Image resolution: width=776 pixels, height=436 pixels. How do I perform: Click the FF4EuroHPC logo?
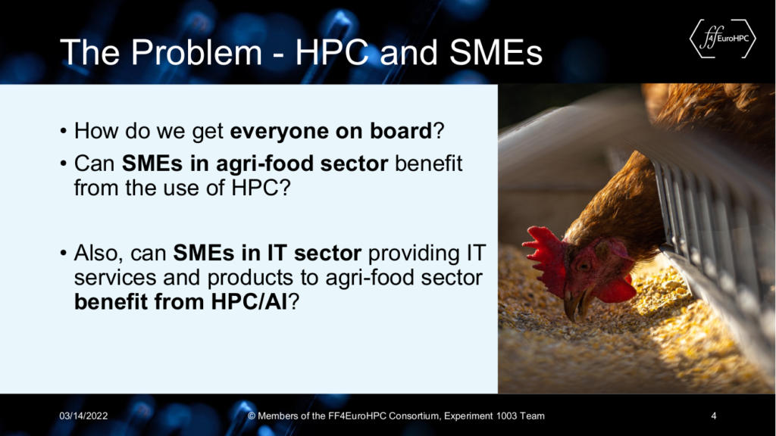click(722, 39)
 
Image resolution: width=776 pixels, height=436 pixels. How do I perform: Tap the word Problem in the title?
click(196, 52)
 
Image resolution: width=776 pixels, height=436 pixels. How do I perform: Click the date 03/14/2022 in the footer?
click(83, 416)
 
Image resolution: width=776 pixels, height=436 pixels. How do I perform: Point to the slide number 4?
click(714, 416)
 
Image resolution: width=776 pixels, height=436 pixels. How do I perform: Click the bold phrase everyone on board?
click(331, 130)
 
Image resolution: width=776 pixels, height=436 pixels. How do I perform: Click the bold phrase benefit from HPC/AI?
click(180, 301)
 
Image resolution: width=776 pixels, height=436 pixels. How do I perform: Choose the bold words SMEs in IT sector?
click(268, 253)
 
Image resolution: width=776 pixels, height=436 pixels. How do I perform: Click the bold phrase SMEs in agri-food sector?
click(255, 163)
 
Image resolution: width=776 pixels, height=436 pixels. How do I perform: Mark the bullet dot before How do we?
click(64, 131)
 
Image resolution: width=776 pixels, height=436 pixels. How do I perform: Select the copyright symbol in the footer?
click(252, 416)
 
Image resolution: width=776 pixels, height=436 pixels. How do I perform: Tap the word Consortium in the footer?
click(415, 416)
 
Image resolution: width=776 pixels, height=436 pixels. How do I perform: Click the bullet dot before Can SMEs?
click(64, 163)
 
